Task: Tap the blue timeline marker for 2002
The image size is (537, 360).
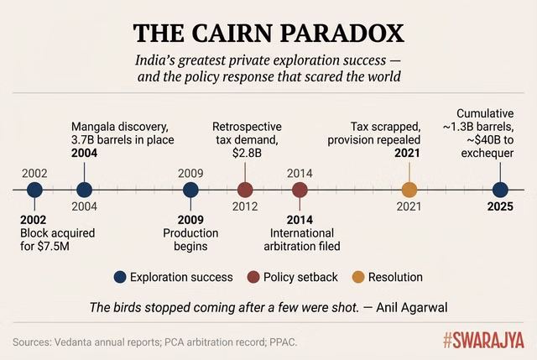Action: [x=34, y=190]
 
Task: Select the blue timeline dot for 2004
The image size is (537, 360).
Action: [x=84, y=190]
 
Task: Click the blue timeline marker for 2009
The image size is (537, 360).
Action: [x=190, y=190]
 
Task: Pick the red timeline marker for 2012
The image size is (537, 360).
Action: [x=245, y=190]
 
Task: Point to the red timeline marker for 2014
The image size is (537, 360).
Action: [x=300, y=190]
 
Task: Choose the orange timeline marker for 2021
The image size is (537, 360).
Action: [x=409, y=190]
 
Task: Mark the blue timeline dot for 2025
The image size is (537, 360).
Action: [x=500, y=190]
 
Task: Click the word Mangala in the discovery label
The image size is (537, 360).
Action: [x=94, y=126]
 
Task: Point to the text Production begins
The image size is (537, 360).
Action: [x=190, y=239]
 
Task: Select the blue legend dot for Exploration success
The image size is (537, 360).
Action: [x=120, y=276]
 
